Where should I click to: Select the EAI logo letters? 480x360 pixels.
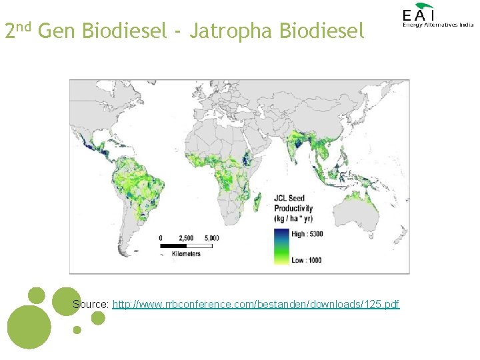(x=418, y=15)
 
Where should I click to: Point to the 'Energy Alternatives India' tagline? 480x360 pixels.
(x=437, y=25)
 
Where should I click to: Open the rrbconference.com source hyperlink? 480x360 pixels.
(x=256, y=304)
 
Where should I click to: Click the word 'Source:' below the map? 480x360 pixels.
(x=91, y=304)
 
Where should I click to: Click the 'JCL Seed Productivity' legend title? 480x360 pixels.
(x=293, y=208)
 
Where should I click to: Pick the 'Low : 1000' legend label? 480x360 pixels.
(x=305, y=260)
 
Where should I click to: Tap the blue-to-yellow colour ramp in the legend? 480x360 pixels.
(x=281, y=246)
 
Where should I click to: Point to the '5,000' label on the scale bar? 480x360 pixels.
(x=212, y=237)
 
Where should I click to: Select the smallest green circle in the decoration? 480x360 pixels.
(x=77, y=329)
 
